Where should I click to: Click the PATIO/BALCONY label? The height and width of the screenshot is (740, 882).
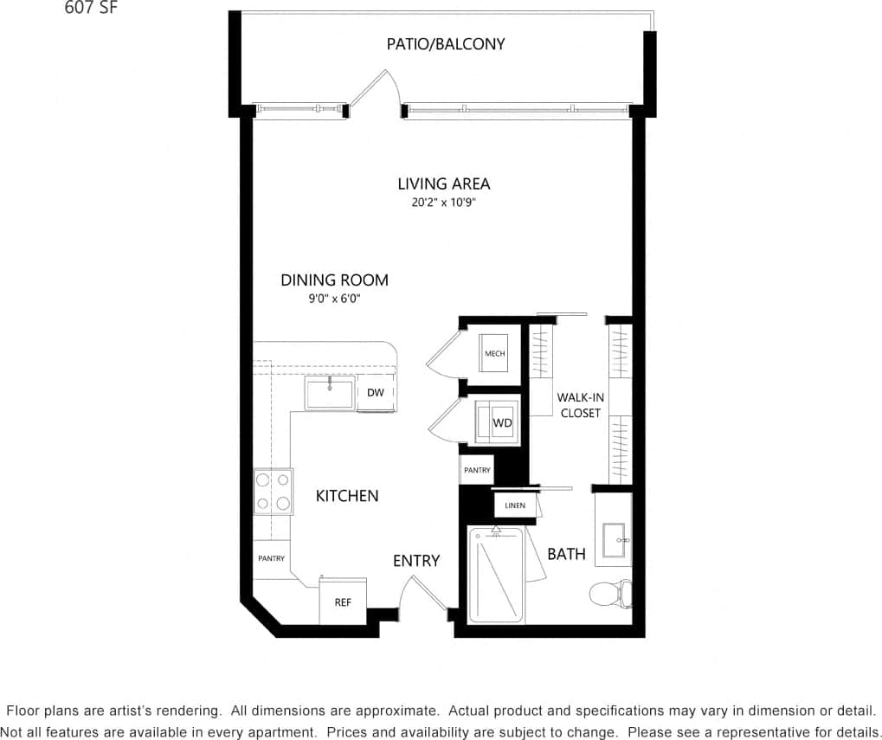point(445,44)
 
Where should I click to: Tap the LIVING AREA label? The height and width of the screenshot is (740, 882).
point(443,183)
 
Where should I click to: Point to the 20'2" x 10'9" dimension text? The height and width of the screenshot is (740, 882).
point(444,203)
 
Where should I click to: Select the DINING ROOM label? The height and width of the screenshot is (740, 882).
point(334,280)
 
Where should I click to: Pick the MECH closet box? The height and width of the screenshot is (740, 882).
point(494,353)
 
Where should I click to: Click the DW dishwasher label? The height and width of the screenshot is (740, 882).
point(375,393)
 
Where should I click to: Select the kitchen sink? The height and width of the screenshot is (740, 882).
point(330,394)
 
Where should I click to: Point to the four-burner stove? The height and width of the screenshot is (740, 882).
point(273,492)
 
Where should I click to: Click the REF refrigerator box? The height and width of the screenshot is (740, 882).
point(343,602)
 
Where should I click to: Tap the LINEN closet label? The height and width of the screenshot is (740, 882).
point(515,505)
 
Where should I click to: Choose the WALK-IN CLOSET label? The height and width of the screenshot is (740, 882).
point(580,405)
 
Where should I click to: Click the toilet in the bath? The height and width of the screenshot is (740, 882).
point(608,593)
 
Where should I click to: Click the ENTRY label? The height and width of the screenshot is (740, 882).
point(416,561)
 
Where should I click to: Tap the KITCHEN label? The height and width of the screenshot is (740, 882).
point(346,496)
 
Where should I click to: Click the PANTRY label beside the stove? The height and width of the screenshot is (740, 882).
point(271,558)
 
